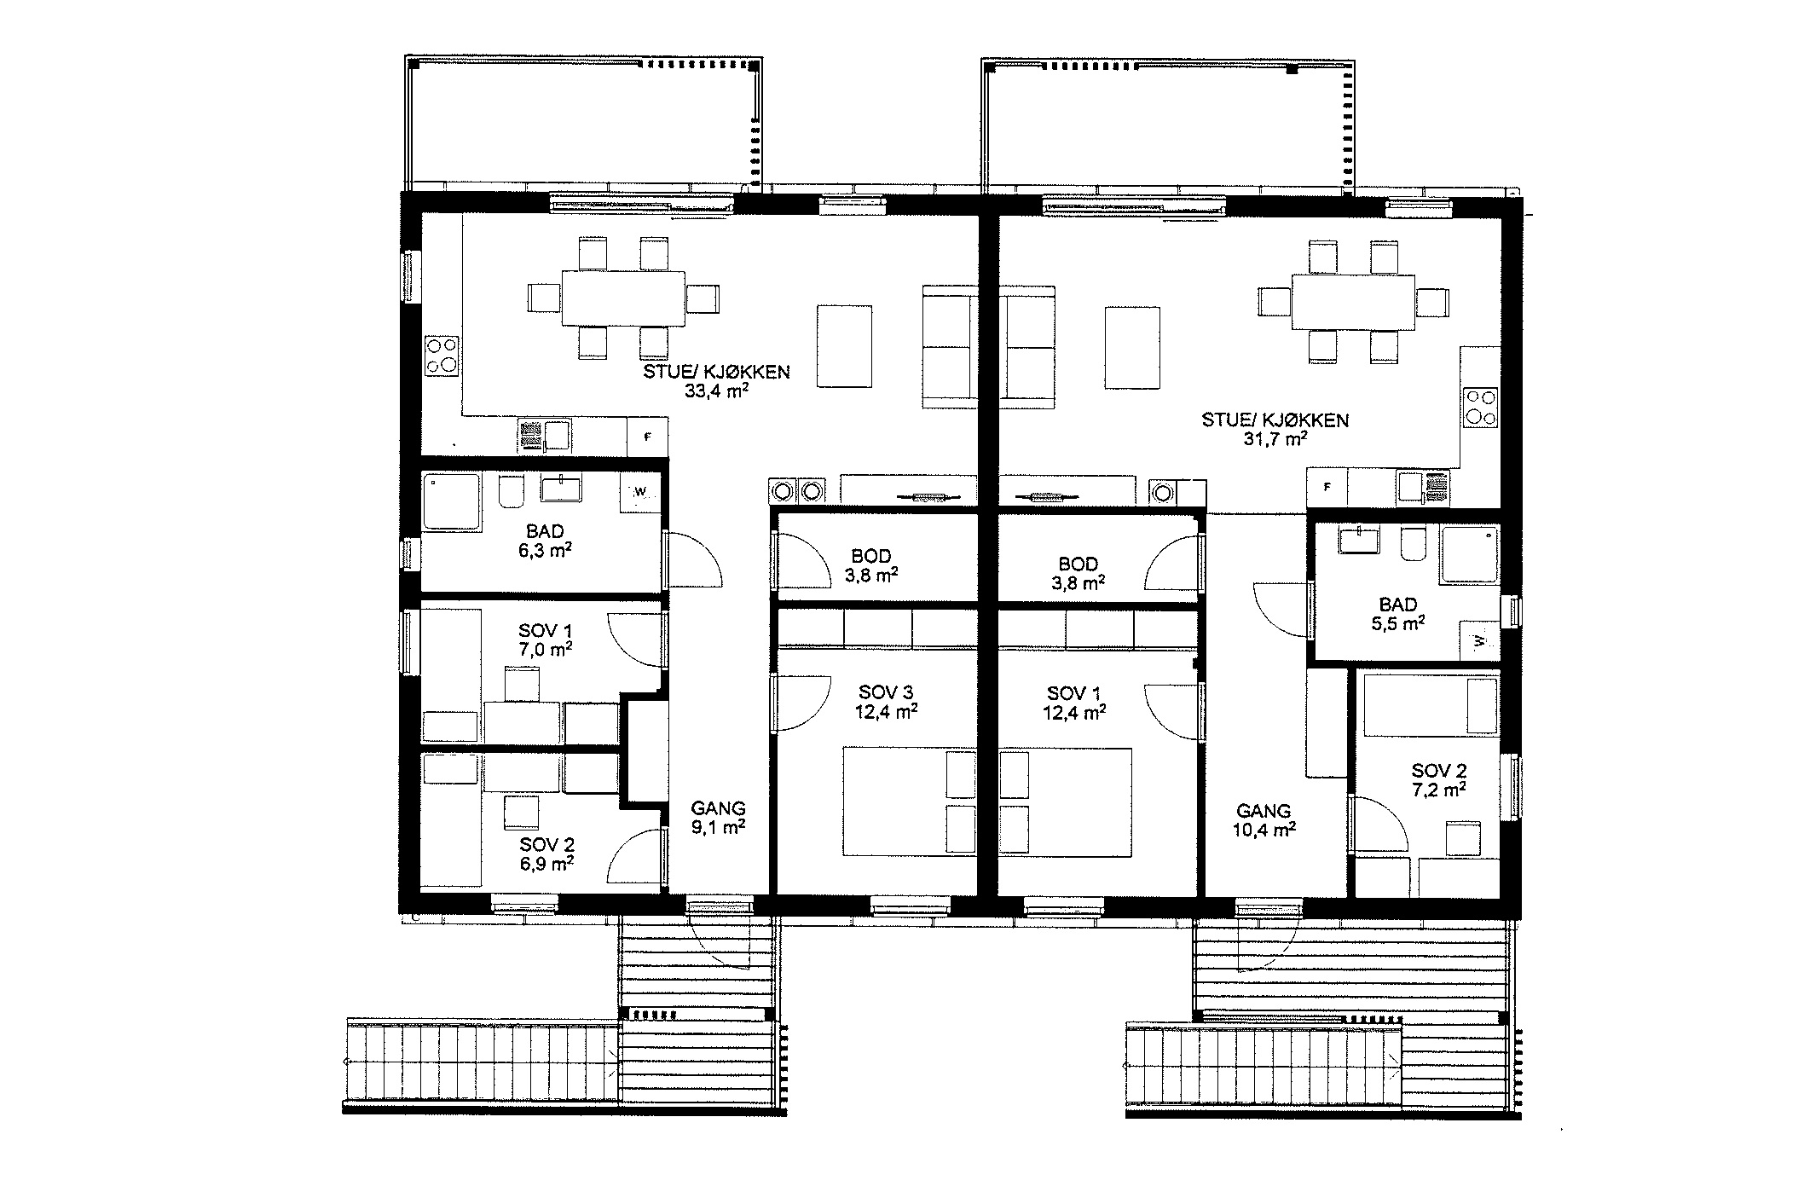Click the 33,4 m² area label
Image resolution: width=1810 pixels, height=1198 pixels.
point(716,391)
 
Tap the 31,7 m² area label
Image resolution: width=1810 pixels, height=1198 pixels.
point(1275,439)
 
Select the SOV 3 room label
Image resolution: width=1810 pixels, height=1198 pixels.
point(886,692)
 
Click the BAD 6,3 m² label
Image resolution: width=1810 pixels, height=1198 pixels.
point(545,541)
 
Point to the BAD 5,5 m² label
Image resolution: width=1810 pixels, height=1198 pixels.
point(1398,614)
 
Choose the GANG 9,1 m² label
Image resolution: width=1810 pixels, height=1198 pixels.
point(718,817)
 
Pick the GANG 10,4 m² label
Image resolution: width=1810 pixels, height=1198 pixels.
point(1264,819)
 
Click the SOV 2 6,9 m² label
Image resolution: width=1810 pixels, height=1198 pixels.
point(546,854)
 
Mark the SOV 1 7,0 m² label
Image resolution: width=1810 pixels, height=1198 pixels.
point(546,640)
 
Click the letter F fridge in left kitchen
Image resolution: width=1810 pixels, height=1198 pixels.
point(648,437)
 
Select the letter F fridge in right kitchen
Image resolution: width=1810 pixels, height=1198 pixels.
point(1327,488)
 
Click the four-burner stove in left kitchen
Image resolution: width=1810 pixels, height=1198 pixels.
point(442,356)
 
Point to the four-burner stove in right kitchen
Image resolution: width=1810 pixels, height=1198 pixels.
point(1481,407)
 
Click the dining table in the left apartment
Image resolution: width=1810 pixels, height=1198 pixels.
point(623,298)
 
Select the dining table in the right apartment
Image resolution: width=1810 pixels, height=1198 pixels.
point(1354,301)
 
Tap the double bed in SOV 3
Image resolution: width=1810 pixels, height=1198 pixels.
point(910,802)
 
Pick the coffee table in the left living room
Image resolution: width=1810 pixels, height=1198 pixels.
point(845,347)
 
